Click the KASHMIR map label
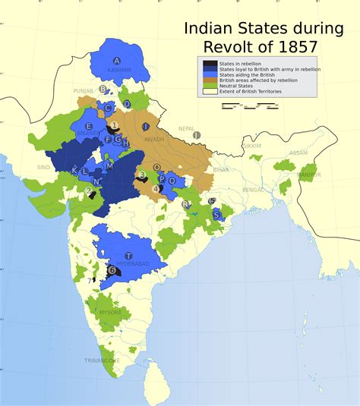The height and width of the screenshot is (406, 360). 120,70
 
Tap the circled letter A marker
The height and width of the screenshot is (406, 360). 117,61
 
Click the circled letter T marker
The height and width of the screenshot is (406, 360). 128,256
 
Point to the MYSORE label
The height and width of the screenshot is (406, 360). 110,312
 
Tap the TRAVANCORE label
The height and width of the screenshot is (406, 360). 103,360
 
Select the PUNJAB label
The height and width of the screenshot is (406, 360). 83,90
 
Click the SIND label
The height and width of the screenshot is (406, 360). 43,167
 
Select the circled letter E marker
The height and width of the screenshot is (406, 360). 89,127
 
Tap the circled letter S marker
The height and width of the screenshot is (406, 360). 216,216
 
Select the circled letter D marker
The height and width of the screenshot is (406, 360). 127,104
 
